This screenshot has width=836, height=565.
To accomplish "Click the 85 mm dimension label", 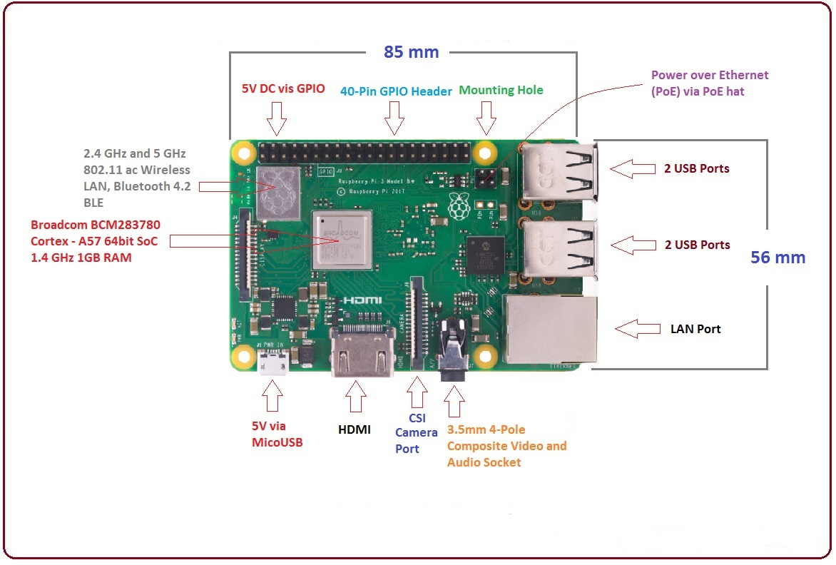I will point(411,52).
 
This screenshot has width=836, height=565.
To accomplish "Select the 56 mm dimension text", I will point(778,258).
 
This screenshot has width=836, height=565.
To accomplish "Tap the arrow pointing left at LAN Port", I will point(637,329).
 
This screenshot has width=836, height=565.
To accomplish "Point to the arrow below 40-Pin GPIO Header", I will point(392,118).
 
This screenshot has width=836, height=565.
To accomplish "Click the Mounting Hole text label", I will point(501,90).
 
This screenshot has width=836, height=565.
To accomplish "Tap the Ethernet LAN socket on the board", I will point(546,329).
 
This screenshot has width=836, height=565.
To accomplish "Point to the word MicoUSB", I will point(277,442).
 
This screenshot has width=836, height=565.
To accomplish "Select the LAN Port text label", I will point(695,329).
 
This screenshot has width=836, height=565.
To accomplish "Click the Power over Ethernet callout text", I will point(709,82).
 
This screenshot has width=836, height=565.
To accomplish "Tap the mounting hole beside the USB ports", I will point(486,152).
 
